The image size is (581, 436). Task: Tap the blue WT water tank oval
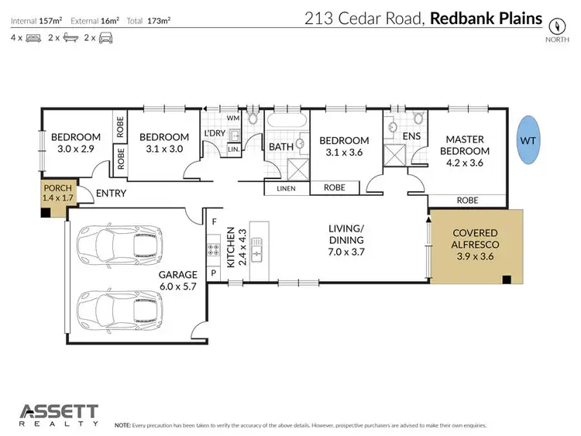click(528, 140)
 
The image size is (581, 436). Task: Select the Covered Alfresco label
click(475, 245)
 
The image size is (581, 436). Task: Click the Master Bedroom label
click(463, 151)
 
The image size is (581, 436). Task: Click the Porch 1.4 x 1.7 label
click(57, 194)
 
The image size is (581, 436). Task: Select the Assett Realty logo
click(59, 414)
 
